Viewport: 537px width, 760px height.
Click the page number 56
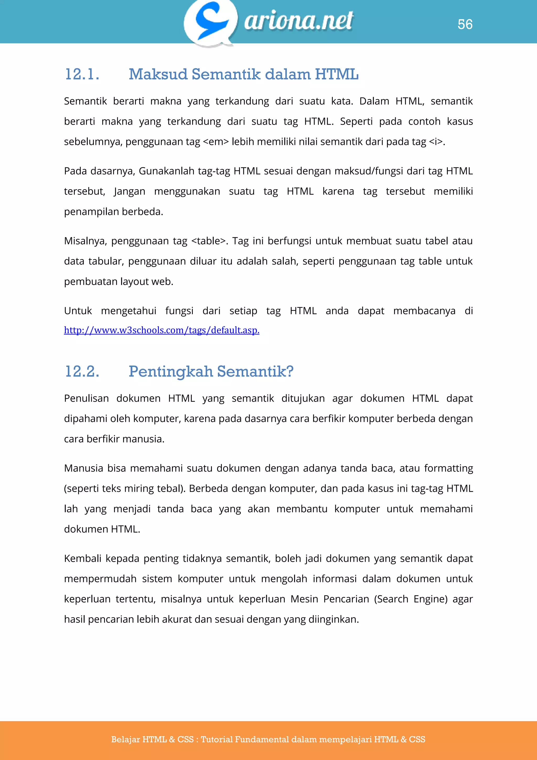(465, 24)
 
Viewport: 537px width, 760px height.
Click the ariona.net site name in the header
(299, 20)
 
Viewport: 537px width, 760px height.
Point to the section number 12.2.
(82, 371)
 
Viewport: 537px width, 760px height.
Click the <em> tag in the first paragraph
(216, 142)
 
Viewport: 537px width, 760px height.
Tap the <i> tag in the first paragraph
(436, 142)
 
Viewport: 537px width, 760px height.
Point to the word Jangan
(129, 191)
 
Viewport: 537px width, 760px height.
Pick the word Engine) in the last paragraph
(430, 599)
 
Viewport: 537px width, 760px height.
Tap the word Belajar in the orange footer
(125, 740)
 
